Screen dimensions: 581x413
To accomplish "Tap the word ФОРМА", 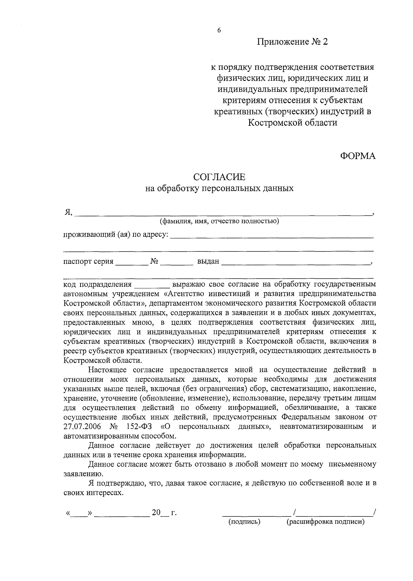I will click(x=358, y=156).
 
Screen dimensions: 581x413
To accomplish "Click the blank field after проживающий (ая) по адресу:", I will click(x=272, y=236).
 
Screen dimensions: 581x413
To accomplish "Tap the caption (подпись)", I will click(x=244, y=522).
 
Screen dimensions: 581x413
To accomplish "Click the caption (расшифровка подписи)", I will click(x=325, y=522).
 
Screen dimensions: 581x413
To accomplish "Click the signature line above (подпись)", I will click(x=256, y=514).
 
